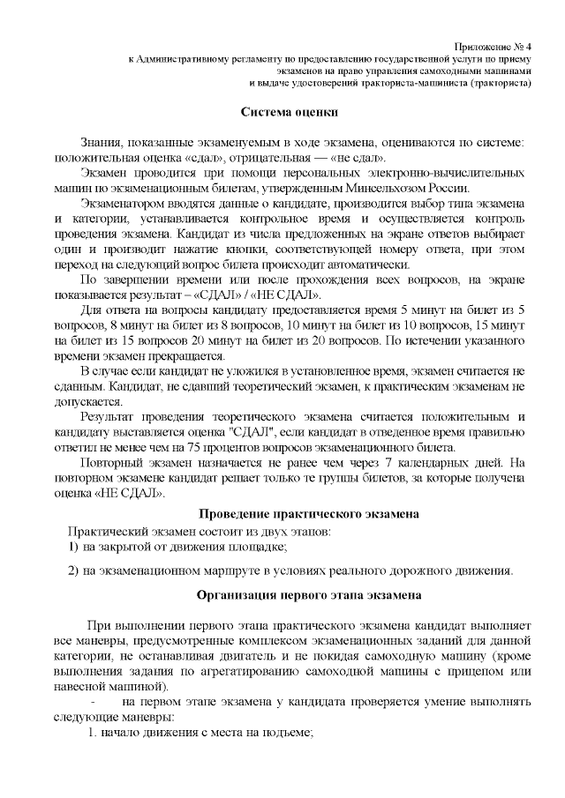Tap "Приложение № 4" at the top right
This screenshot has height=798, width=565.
(493, 44)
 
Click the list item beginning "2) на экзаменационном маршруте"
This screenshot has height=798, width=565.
(291, 570)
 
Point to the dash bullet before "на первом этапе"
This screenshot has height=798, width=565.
(93, 701)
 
